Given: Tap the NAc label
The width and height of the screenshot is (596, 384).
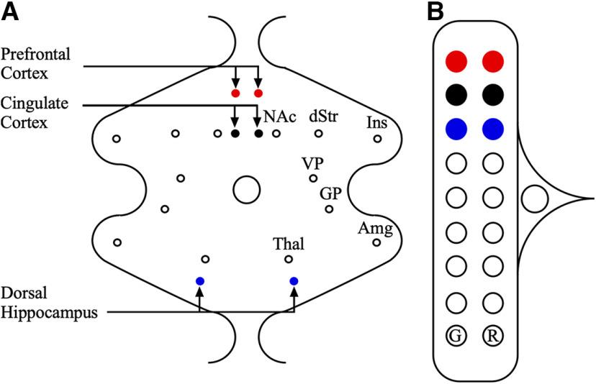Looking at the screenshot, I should point(280,116).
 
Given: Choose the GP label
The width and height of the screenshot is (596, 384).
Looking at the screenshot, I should point(331,194).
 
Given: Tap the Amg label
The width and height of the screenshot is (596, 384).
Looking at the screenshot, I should point(375,229).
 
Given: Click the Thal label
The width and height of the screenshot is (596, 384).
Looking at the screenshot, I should point(288,244).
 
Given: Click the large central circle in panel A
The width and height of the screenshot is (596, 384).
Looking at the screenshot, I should point(246,190).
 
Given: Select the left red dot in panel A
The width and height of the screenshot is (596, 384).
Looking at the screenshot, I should point(235,93).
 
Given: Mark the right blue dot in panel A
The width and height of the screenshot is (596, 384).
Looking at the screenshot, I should point(294,280).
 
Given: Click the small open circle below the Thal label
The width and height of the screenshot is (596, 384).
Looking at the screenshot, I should point(288,259).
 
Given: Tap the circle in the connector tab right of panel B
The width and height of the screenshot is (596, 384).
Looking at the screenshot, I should point(533,198).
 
